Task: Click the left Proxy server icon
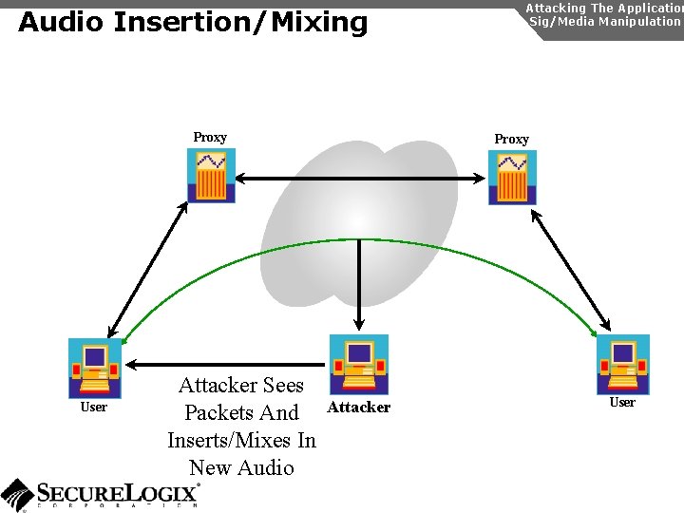(211, 177)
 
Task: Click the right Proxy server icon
(512, 178)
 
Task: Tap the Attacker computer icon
(359, 365)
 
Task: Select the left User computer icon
(95, 368)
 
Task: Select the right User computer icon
(622, 365)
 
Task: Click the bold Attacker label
(358, 408)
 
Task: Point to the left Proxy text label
(210, 138)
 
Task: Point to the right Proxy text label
(511, 140)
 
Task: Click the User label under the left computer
(93, 408)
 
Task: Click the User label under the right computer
(622, 403)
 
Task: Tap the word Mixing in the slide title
(318, 22)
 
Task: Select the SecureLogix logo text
(118, 492)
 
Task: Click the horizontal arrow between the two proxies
(361, 178)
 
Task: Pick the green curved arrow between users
(361, 240)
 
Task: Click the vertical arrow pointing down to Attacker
(359, 285)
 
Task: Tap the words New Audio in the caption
(241, 467)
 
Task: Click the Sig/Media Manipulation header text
(604, 21)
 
